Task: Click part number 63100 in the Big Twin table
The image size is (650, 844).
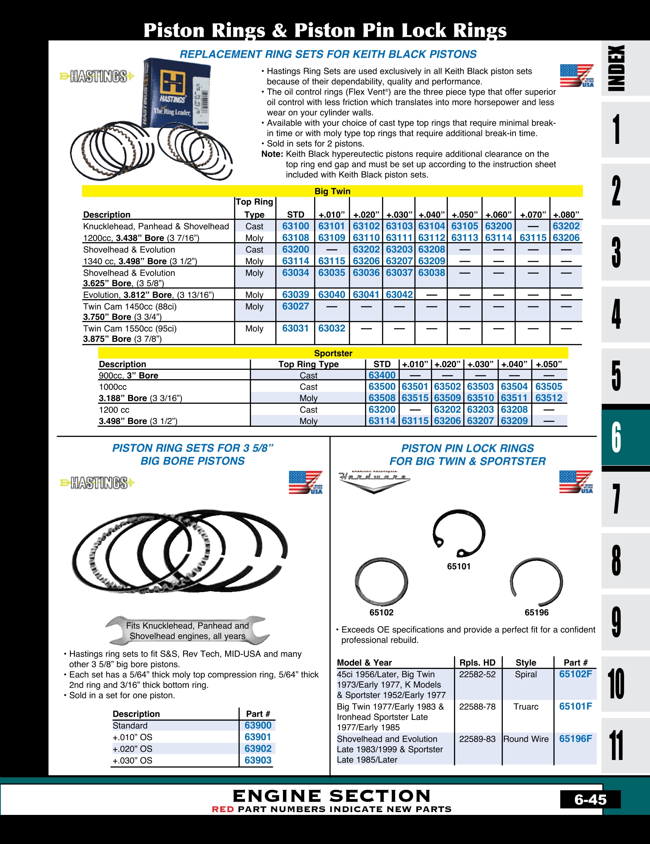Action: pos(295,226)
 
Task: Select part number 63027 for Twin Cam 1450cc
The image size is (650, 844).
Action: pos(295,306)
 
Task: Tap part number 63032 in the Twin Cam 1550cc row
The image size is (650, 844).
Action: pos(331,328)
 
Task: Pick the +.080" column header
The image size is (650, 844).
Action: pos(566,215)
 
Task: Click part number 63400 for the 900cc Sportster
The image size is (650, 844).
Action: pos(382,375)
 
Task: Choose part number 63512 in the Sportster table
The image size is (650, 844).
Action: pos(549,398)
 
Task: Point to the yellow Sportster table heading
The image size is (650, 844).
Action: pos(333,353)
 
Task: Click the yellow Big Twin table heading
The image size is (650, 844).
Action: pos(332,191)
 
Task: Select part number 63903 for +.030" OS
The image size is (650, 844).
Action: pos(258,760)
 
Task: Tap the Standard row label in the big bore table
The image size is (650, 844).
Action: pos(130,726)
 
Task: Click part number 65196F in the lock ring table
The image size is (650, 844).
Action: pos(575,739)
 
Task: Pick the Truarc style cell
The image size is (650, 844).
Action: pos(526,707)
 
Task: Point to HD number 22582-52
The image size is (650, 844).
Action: pos(477,674)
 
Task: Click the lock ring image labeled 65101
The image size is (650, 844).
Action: pos(459,534)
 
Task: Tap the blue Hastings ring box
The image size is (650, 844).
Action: pos(177,93)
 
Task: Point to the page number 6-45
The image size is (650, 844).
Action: pos(590,800)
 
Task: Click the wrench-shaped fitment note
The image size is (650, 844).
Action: pos(187,631)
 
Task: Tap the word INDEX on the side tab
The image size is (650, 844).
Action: pos(616,68)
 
